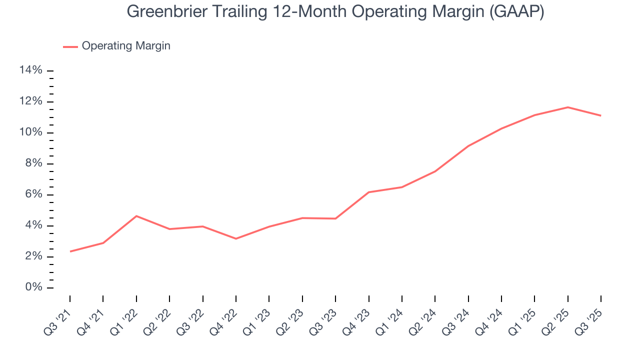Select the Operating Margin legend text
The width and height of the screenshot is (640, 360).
tap(126, 46)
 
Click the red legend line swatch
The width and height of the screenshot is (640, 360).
tap(70, 46)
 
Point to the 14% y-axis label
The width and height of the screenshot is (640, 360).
tap(30, 70)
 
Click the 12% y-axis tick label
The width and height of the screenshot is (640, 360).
tap(30, 101)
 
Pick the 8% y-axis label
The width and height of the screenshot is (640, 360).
tap(33, 163)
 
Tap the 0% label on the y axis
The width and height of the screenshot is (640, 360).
tap(33, 287)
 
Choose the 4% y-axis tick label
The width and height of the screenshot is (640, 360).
tap(33, 225)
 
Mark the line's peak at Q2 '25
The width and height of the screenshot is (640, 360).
tap(568, 107)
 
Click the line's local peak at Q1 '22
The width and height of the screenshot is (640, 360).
tap(136, 216)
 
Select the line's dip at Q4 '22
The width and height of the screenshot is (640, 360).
tap(236, 238)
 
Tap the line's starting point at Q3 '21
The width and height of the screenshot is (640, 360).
tap(70, 251)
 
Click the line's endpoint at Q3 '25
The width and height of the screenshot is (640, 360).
tap(600, 115)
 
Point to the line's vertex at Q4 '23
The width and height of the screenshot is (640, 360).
tap(369, 192)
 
